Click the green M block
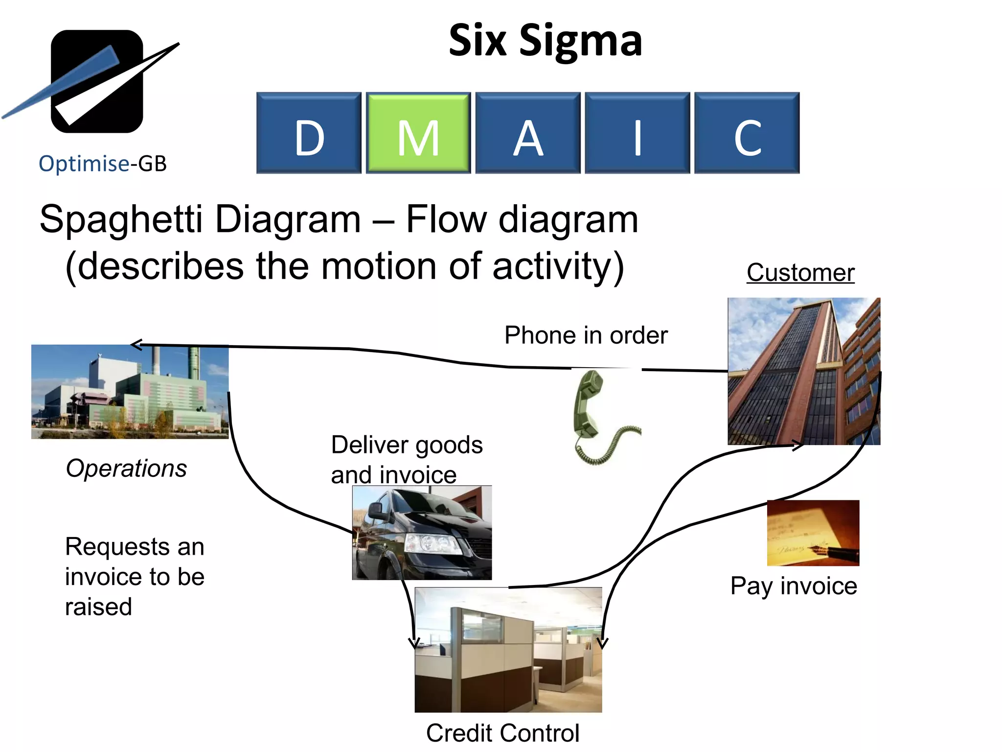418,133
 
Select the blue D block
309,133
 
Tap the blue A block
528,133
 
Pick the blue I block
638,133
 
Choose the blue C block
747,133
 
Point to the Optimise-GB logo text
103,164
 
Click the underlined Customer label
800,272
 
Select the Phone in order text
586,335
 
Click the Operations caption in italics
126,468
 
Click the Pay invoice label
794,586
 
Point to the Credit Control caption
502,733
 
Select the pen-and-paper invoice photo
813,533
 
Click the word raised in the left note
99,607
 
